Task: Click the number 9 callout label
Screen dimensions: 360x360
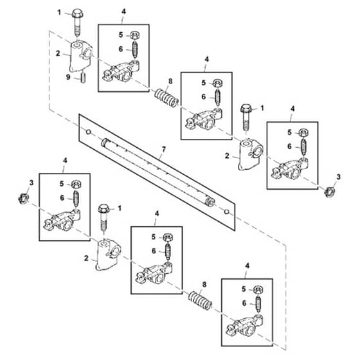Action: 68,77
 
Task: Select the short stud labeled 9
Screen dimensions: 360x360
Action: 83,78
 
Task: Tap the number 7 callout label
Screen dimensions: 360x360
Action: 163,149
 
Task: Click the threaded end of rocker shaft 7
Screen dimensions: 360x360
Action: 210,201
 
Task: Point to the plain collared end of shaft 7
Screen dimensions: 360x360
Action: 105,143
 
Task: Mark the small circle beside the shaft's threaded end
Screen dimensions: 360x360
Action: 226,212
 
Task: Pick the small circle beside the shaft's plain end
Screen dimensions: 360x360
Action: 88,132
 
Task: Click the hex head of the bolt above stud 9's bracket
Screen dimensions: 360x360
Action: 77,14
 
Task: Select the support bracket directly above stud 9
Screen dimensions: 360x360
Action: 80,56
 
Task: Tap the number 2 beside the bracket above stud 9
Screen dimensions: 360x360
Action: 58,53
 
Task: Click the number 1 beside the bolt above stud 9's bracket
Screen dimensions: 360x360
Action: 59,12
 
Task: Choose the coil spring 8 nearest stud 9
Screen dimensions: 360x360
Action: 166,98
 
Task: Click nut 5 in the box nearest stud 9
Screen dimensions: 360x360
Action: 135,35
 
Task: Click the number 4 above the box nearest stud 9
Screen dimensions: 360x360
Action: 123,12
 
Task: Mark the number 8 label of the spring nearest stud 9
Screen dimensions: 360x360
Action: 170,81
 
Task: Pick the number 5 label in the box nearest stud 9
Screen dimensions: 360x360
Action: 121,35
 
